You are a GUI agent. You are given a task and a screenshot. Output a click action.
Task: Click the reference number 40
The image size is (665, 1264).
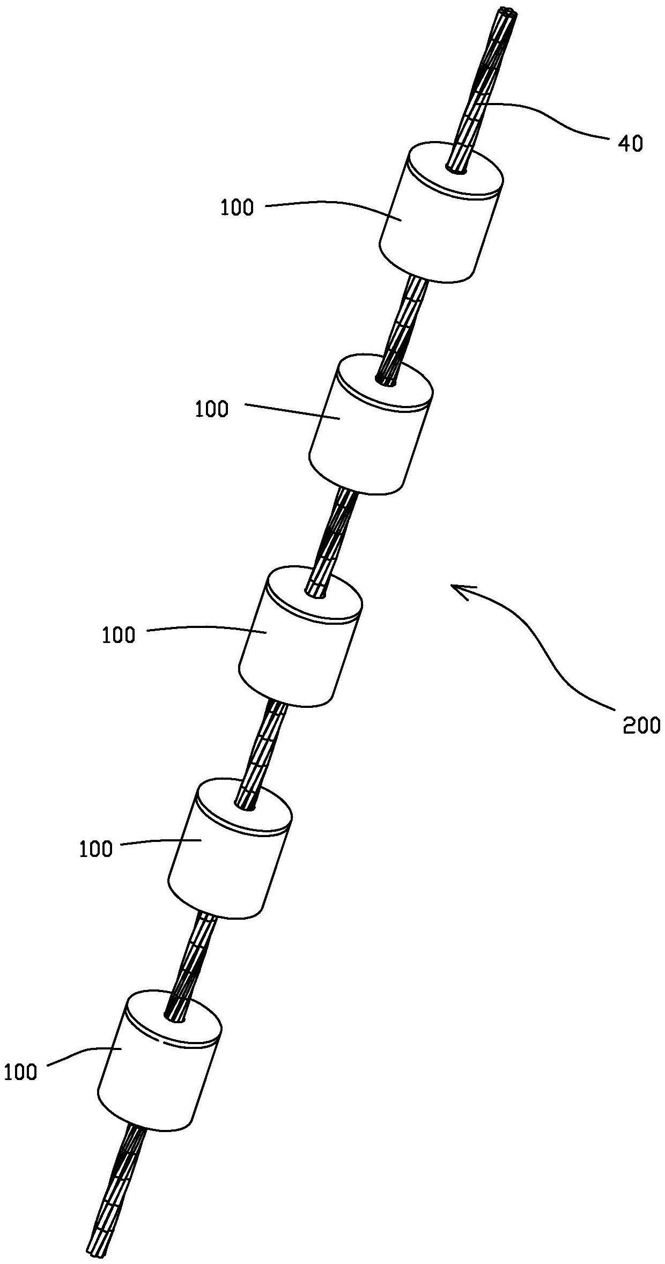631,144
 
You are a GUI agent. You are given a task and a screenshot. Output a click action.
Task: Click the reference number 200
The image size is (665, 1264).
641,726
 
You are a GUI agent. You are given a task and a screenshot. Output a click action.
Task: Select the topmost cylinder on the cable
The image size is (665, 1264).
440,215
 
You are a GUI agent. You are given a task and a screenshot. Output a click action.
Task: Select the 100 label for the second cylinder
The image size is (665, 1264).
212,410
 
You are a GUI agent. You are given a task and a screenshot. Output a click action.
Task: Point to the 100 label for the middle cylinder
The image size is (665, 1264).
119,635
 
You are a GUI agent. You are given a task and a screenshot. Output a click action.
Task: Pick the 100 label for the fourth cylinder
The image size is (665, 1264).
97,849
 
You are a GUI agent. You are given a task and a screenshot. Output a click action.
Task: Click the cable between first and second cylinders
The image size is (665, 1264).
405,322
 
